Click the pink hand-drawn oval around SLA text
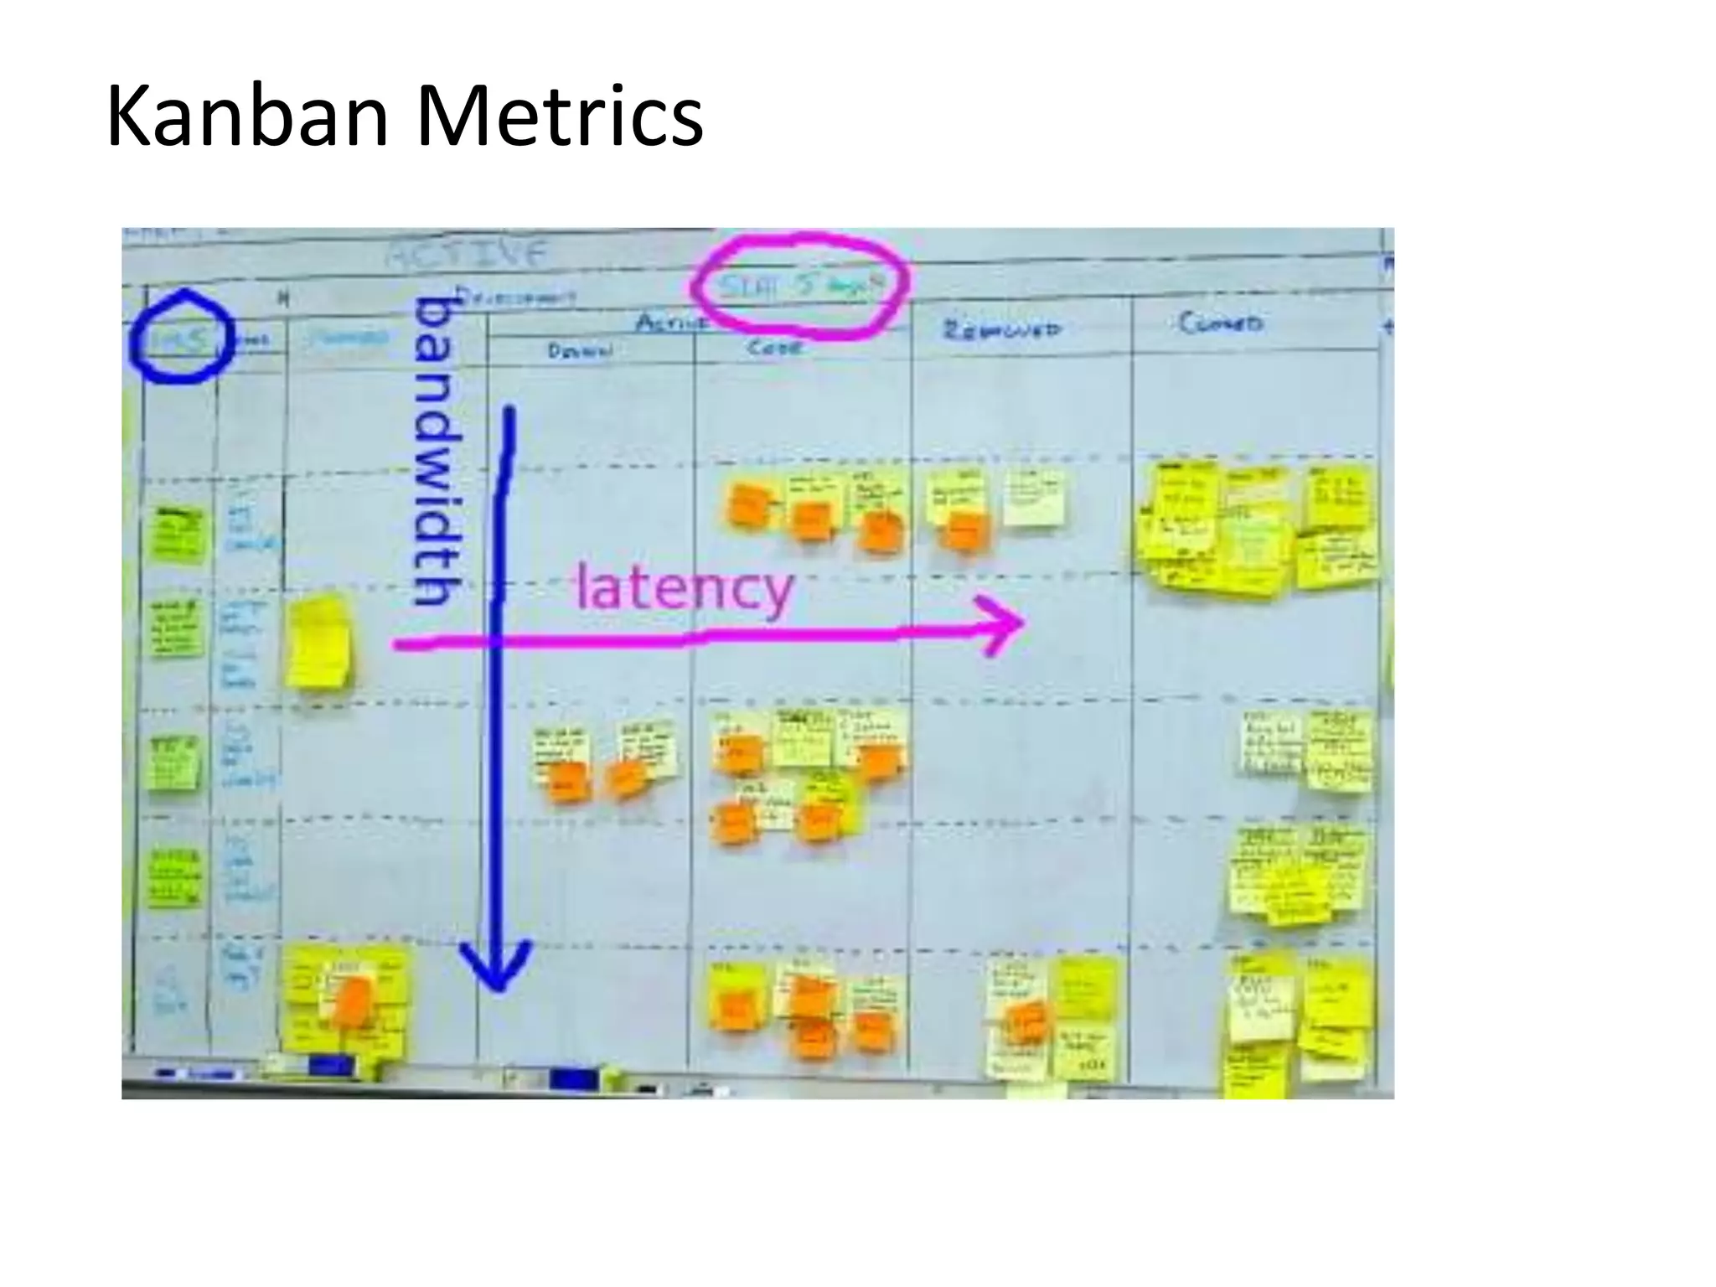pos(800,287)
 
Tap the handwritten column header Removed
pos(1002,329)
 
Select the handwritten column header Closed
pos(1220,323)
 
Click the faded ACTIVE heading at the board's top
pos(466,253)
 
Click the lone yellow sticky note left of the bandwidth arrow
pos(318,643)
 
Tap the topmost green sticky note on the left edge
pos(178,535)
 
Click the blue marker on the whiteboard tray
pos(574,1080)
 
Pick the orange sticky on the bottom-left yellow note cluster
pos(353,1002)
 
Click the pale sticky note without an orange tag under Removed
pos(1035,498)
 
